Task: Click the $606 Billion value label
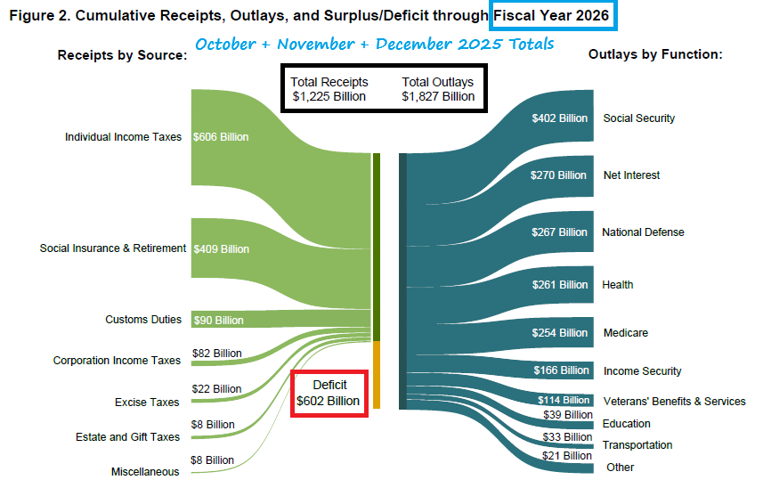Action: tap(221, 137)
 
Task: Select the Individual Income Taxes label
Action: tap(123, 137)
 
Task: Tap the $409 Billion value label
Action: tap(221, 248)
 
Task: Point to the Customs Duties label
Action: tap(143, 320)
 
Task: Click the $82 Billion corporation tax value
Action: tap(216, 353)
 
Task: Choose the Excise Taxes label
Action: tap(147, 403)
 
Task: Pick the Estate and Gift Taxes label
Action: tap(127, 437)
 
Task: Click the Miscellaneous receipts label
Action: tap(145, 471)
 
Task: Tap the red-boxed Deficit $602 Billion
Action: tap(329, 393)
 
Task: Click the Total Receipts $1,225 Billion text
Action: tap(329, 89)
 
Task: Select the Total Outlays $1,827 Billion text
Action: tap(438, 89)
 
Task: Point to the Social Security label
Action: tap(638, 118)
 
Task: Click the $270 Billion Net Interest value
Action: tap(558, 175)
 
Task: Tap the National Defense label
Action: tap(643, 232)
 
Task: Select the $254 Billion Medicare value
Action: tap(560, 333)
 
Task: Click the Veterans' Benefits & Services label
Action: tap(674, 402)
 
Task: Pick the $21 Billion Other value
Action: tap(567, 456)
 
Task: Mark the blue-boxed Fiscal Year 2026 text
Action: tap(554, 15)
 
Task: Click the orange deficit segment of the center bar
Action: tap(377, 374)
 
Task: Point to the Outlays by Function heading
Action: tap(654, 55)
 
